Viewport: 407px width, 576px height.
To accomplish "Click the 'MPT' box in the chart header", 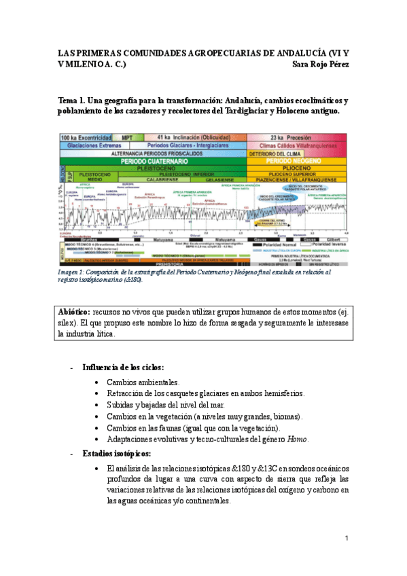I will [x=127, y=137].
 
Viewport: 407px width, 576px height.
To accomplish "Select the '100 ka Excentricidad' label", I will [x=86, y=137].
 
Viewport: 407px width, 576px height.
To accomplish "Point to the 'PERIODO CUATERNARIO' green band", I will [x=154, y=161].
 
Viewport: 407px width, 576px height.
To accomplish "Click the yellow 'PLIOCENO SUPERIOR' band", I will [x=298, y=173].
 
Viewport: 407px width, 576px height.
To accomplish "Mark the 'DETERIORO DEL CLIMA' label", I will [x=270, y=154].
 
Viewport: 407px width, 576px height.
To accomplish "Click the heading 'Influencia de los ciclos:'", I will [x=123, y=367].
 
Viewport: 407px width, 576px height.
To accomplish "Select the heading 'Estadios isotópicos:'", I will [x=117, y=453].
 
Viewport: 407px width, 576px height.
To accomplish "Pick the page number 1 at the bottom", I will [x=346, y=539].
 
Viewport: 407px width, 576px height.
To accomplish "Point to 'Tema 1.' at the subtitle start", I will [x=74, y=100].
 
